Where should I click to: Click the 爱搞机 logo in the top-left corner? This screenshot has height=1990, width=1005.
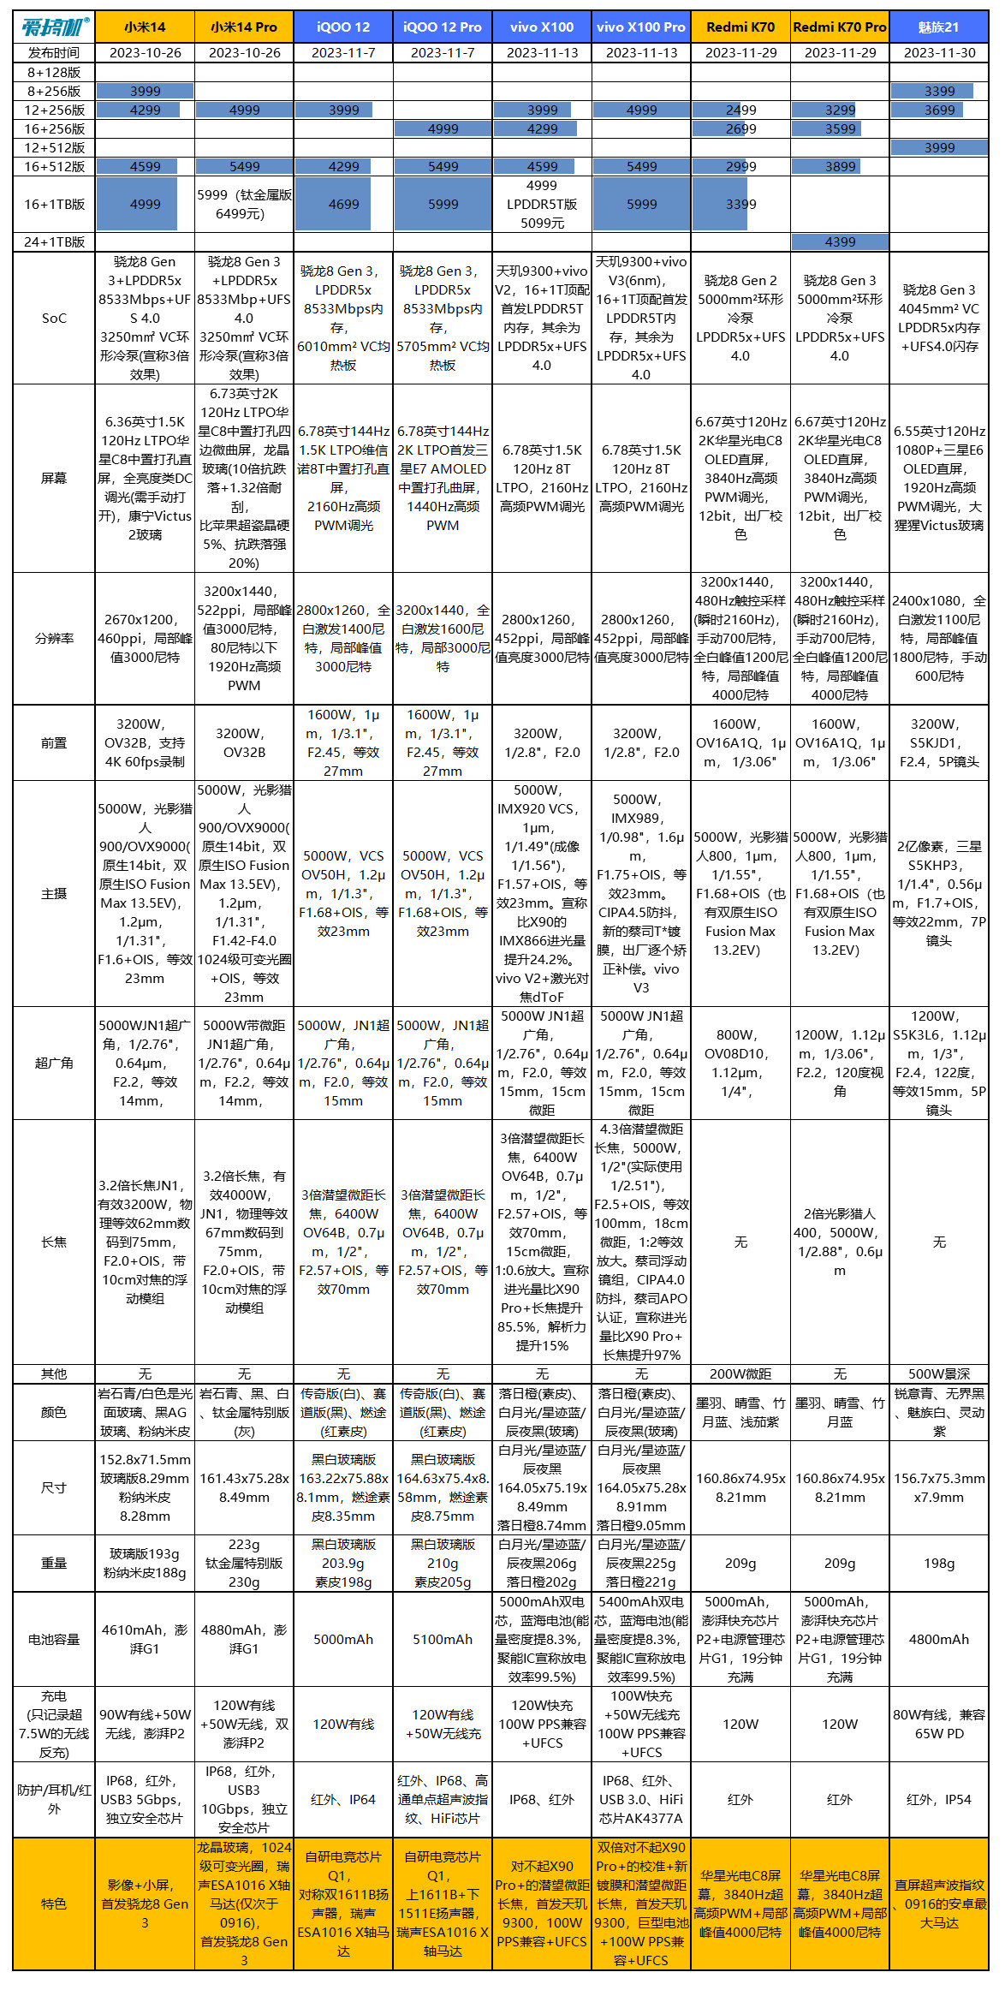[54, 27]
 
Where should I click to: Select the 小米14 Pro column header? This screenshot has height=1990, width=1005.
[244, 27]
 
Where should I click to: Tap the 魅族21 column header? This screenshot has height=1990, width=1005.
[939, 27]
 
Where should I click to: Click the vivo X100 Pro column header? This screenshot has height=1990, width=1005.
[641, 27]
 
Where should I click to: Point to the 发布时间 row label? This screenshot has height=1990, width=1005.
[54, 53]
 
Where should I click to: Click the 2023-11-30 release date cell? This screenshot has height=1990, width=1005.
[939, 53]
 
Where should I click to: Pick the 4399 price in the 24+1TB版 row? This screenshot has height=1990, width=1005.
[840, 242]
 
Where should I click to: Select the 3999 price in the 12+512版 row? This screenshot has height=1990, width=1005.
[939, 148]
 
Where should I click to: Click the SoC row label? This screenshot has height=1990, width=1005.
[54, 319]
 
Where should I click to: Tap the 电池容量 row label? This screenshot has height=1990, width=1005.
[54, 1639]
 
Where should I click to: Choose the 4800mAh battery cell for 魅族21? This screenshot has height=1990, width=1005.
[939, 1639]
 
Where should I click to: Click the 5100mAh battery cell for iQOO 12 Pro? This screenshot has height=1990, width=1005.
[443, 1639]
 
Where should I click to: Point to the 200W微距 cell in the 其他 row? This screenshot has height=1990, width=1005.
[740, 1373]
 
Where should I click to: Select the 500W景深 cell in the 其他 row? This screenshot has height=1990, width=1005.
[939, 1373]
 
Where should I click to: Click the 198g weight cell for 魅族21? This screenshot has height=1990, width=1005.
[939, 1564]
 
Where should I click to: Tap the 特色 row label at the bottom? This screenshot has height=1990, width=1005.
[54, 1904]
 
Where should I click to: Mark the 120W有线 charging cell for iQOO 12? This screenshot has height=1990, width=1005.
[343, 1724]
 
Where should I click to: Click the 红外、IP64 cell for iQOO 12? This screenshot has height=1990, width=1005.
[343, 1800]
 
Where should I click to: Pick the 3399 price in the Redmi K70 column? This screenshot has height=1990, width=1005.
[740, 205]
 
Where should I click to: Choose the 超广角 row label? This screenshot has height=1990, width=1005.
[54, 1064]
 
